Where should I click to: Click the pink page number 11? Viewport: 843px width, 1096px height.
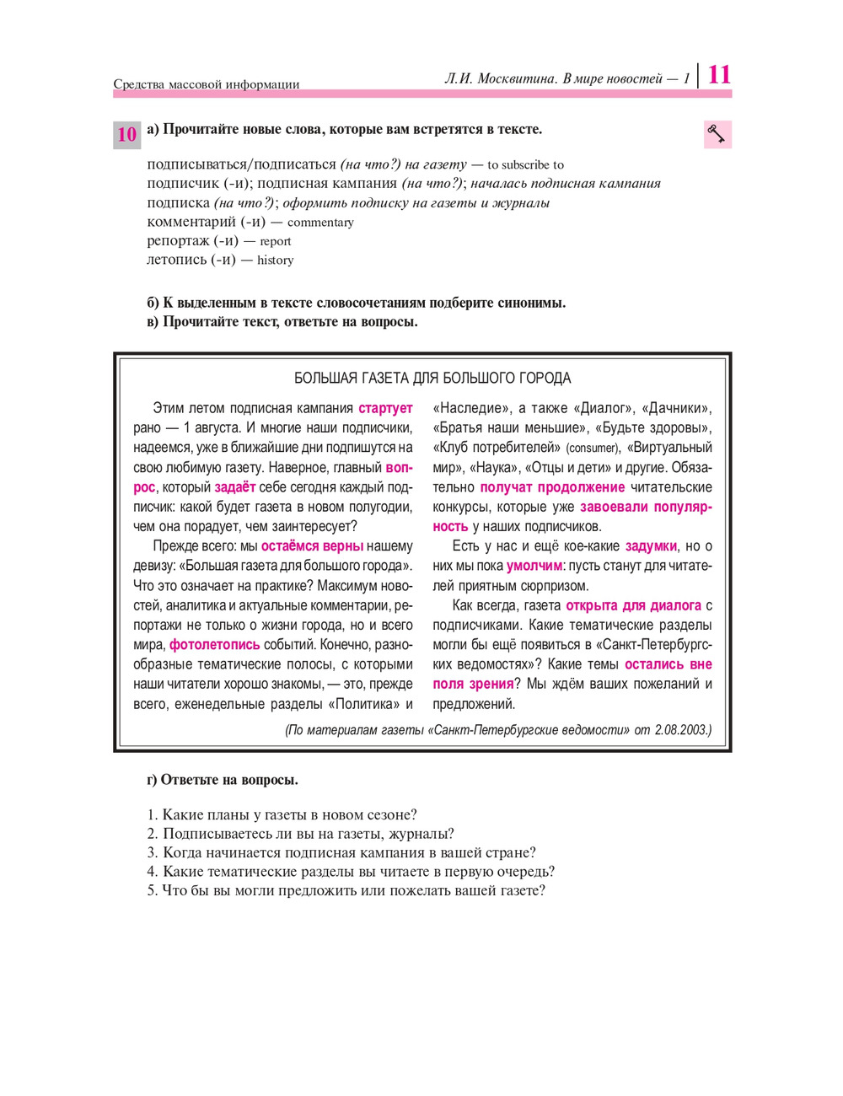(x=719, y=74)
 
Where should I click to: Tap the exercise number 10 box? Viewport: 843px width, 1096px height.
(x=126, y=135)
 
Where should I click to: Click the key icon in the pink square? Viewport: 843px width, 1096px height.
(x=717, y=134)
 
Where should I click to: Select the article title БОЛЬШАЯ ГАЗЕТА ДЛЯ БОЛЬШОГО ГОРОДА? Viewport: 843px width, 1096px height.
(x=432, y=378)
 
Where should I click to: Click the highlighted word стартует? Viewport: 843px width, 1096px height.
(x=385, y=408)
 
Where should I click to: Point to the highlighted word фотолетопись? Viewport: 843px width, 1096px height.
(x=215, y=644)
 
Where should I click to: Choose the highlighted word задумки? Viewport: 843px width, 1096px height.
(x=651, y=546)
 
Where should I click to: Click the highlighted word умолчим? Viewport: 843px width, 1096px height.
(x=534, y=566)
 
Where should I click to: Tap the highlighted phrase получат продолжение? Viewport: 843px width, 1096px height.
(x=552, y=487)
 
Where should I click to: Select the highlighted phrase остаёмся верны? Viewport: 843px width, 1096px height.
(x=312, y=546)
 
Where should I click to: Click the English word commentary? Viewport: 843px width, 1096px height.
(x=320, y=223)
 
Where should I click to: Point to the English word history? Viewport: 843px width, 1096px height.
(x=276, y=261)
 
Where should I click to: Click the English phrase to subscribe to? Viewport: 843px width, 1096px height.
(x=525, y=165)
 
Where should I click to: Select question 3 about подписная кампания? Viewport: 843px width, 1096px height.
(x=341, y=852)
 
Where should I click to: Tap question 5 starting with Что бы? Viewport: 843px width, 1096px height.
(x=346, y=890)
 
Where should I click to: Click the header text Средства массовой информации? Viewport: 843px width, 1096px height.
(x=207, y=84)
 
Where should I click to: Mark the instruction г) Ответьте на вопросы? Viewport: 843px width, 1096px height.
(x=223, y=780)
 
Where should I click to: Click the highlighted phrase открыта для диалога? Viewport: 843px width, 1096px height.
(x=633, y=605)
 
